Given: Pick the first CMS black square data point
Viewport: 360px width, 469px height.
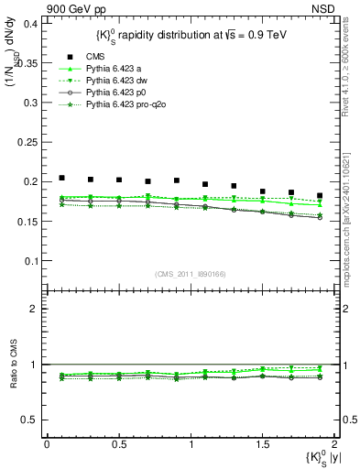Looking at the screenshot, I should tap(61, 178).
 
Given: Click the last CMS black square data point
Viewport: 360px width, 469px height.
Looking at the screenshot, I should tap(320, 195).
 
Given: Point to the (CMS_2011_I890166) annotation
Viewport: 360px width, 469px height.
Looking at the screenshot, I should tap(188, 274).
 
